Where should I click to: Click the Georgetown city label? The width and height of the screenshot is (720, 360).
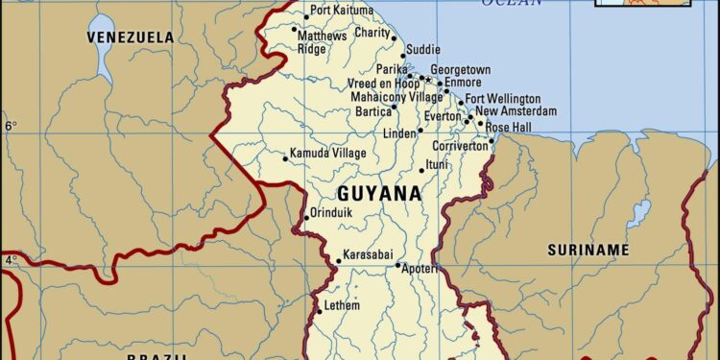pyautogui.click(x=460, y=71)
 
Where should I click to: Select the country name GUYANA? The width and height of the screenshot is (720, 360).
pyautogui.click(x=378, y=194)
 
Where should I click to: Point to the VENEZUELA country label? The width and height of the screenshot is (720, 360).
pyautogui.click(x=131, y=37)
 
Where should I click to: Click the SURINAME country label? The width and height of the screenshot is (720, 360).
pyautogui.click(x=588, y=251)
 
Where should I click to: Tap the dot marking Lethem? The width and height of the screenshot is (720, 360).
pyautogui.click(x=319, y=310)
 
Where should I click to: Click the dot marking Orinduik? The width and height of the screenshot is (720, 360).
pyautogui.click(x=306, y=218)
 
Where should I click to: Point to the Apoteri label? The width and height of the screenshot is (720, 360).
pyautogui.click(x=420, y=269)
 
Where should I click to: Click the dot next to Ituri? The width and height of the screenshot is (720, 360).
pyautogui.click(x=421, y=171)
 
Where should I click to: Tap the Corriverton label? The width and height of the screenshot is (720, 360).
pyautogui.click(x=460, y=146)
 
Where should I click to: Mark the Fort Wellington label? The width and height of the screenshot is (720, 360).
pyautogui.click(x=503, y=99)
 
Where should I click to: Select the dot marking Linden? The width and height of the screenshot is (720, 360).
pyautogui.click(x=420, y=130)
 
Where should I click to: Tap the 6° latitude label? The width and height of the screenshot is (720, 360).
pyautogui.click(x=11, y=126)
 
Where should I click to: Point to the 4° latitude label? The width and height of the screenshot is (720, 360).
pyautogui.click(x=11, y=260)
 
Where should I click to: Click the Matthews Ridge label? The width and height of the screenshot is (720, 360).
pyautogui.click(x=322, y=42)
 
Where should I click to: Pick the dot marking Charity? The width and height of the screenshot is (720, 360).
pyautogui.click(x=393, y=39)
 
